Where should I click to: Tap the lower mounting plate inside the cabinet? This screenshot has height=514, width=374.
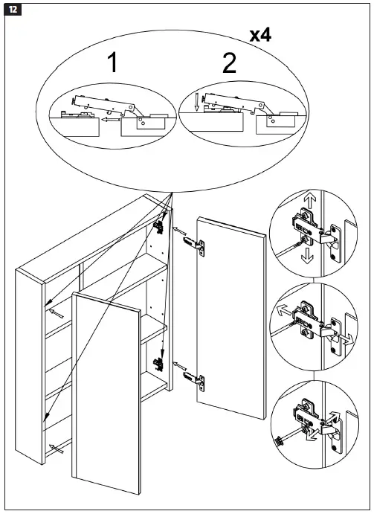pos(158,364)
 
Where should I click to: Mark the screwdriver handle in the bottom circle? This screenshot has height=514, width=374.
pos(281,440)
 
